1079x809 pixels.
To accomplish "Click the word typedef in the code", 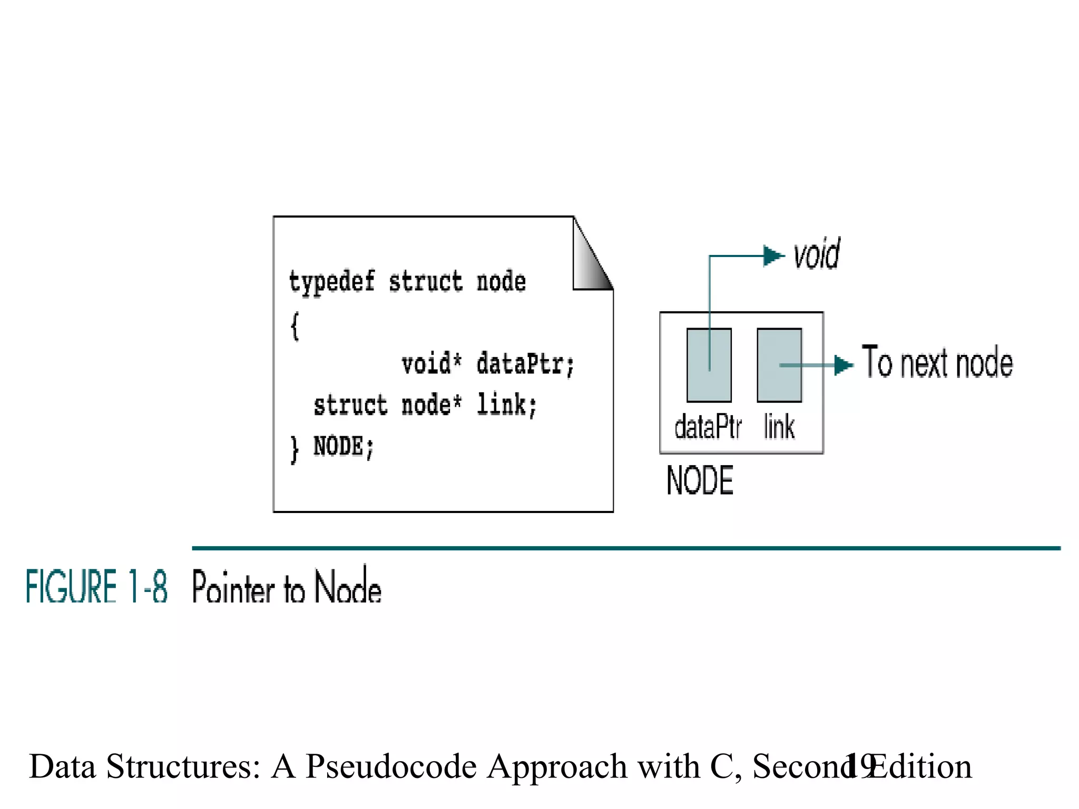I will pos(331,282).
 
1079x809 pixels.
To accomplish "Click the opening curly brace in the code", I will pos(295,326).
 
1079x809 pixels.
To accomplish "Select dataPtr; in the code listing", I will pos(525,364).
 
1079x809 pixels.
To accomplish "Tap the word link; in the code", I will pos(506,405).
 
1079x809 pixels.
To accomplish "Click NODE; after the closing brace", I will pos(344,447).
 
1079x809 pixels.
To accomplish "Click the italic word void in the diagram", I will pos(817,255).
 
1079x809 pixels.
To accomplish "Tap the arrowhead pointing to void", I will pos(773,256).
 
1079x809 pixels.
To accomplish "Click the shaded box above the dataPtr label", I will pos(709,365).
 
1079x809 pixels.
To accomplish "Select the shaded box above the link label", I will pos(779,365).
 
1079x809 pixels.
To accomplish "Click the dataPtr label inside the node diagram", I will pos(708,427).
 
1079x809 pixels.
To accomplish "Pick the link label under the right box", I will pos(779,427).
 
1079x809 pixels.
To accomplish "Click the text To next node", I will pos(937,363).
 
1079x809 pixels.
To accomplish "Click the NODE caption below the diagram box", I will pos(700,480).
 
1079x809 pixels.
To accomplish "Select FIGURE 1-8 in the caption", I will pos(97,586).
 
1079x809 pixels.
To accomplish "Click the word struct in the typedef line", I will pos(425,282).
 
